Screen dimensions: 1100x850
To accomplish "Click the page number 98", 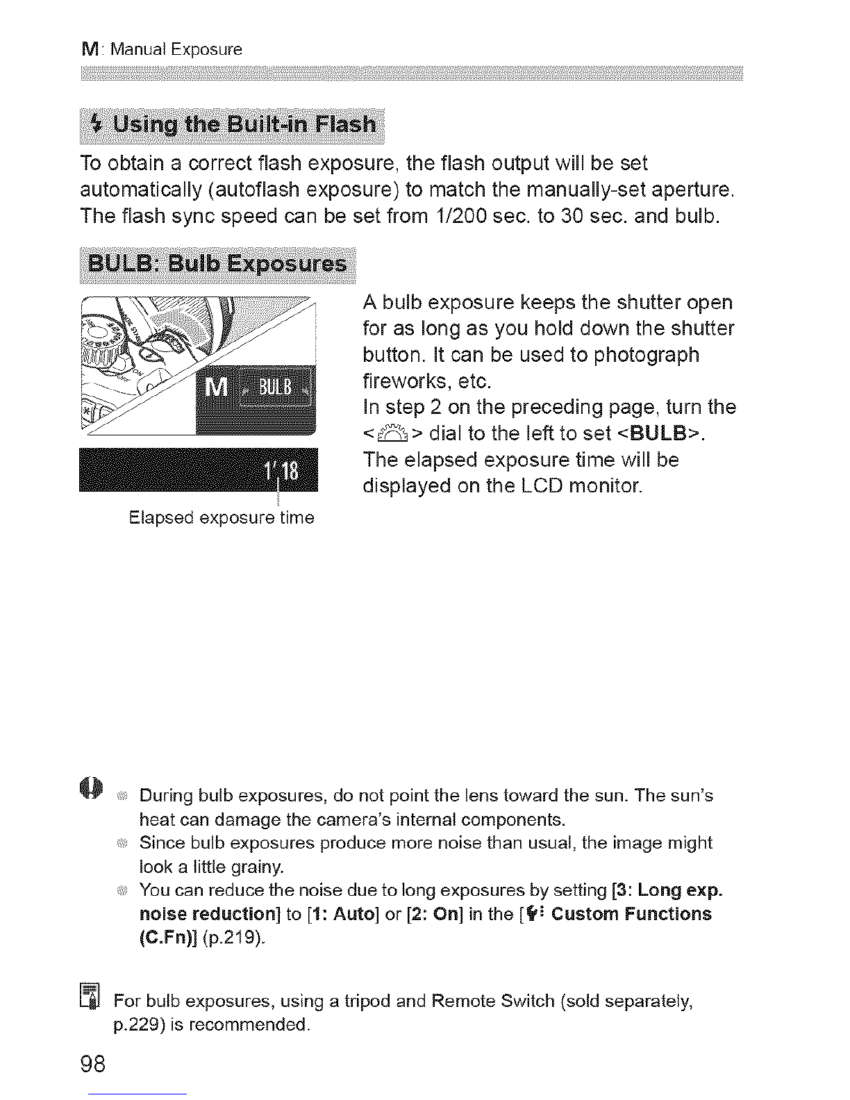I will pos(93,1063).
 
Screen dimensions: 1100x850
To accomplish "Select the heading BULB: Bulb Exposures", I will pos(217,265).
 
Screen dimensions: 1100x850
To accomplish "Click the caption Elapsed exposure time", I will pos(222,518).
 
